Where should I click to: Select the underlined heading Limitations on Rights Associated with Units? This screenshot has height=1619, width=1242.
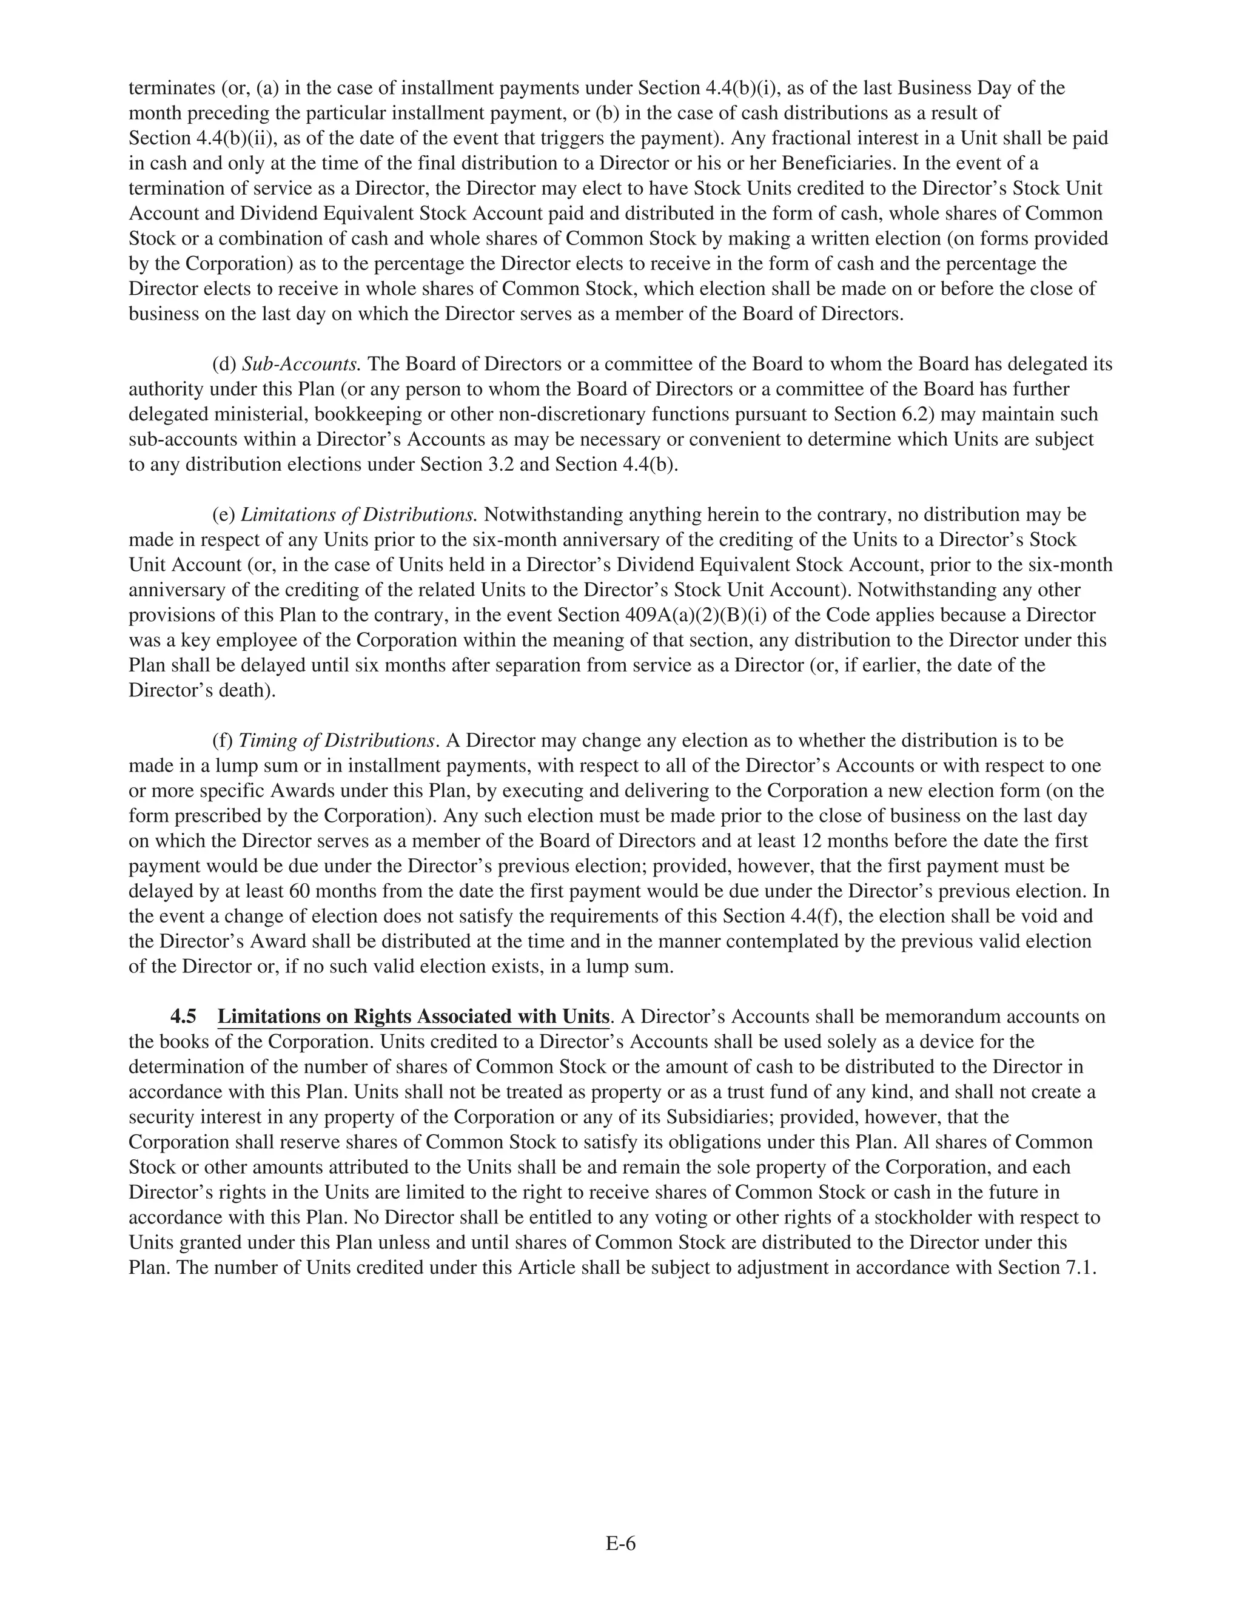[x=413, y=1017]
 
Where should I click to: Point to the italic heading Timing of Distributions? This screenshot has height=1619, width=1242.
[x=337, y=741]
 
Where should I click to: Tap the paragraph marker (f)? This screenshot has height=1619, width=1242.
[x=223, y=741]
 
